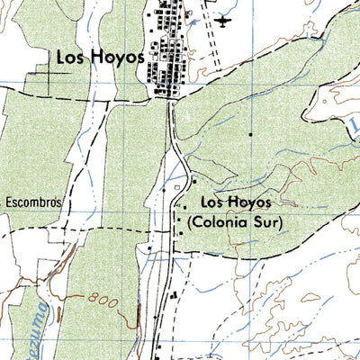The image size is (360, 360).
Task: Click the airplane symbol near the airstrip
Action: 224,20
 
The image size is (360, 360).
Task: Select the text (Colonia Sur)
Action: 236,220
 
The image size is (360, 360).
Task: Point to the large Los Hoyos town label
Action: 101,57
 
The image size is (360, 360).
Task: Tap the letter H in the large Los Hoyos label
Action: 98,57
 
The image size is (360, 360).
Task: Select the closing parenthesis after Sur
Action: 280,220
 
